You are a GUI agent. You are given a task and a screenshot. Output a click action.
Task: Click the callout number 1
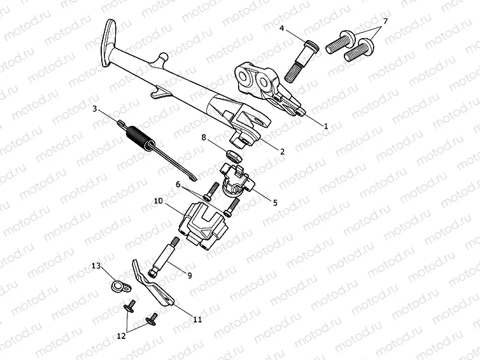coord(325,127)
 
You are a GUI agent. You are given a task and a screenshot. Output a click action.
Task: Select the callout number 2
coord(281,151)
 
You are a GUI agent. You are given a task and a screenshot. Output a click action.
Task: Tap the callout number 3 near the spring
coord(95,109)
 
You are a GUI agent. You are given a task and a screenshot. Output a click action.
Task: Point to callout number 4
coord(281,28)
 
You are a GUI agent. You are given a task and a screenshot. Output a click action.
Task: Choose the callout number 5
coord(274,203)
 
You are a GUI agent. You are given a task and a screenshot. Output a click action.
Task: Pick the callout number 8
coord(204,137)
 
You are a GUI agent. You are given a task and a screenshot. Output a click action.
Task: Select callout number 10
coord(158,200)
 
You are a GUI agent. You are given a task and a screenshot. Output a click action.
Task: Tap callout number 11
coord(197,319)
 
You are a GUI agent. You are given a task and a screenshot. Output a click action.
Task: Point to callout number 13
coord(96,265)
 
